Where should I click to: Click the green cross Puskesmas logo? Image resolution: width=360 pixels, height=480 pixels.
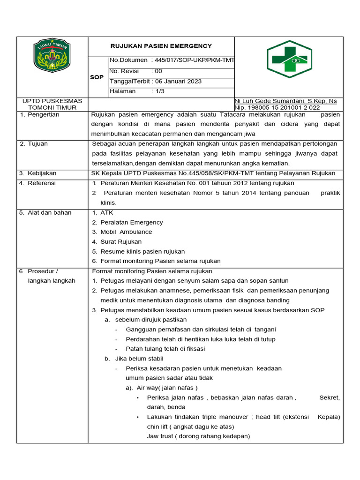pyautogui.click(x=289, y=58)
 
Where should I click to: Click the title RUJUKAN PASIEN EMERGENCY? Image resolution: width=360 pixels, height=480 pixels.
pyautogui.click(x=161, y=46)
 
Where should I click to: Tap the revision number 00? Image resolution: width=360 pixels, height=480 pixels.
pyautogui.click(x=158, y=71)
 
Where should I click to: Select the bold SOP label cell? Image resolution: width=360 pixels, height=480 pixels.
pyautogui.click(x=97, y=77)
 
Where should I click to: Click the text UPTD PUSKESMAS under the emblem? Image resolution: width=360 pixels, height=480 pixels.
pyautogui.click(x=52, y=101)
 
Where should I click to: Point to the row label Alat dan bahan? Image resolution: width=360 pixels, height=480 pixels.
pyautogui.click(x=49, y=213)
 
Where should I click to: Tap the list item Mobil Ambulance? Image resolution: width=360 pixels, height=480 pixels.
pyautogui.click(x=126, y=232)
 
